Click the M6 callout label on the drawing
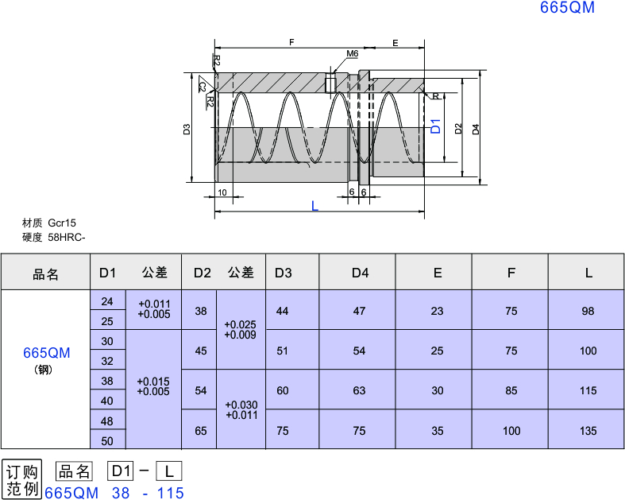pos(352,53)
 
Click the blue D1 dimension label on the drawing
pos(436,126)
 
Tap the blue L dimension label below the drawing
pos(314,206)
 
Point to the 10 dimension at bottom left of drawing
pos(222,192)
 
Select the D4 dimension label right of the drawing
pos(476,130)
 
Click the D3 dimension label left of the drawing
pos(187,130)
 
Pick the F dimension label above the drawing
pos(291,42)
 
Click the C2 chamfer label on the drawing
pos(203,87)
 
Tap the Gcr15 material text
pos(62,223)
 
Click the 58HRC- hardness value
pos(67,238)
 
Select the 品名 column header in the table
pos(45,274)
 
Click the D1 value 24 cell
pos(107,301)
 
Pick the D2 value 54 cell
pos(201,390)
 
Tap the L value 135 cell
pos(588,431)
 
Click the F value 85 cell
pos(511,390)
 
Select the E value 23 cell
pos(438,311)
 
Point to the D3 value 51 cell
pos(282,351)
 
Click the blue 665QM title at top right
pos(567,7)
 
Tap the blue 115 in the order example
pos(171,493)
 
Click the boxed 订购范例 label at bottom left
pos(22,479)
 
